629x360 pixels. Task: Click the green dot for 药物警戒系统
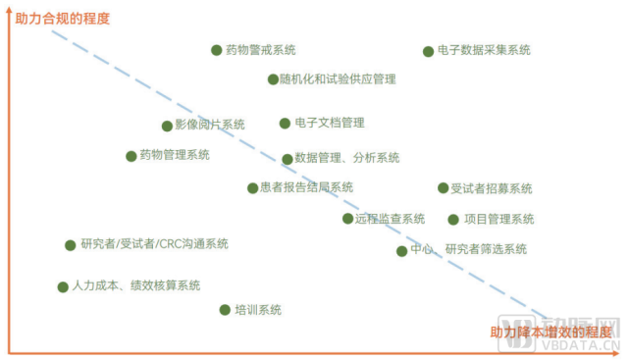tap(217, 50)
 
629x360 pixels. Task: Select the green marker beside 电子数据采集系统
tap(428, 51)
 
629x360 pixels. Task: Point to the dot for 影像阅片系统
tap(167, 126)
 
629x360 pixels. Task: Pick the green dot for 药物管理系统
tap(131, 156)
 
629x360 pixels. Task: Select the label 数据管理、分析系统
tap(346, 158)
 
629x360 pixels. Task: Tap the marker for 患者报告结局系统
tap(252, 188)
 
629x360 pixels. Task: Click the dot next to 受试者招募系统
tap(443, 188)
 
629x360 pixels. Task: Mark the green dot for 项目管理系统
tap(453, 220)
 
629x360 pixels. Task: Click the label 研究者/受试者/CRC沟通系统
tap(155, 244)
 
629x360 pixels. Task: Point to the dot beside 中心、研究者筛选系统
tap(401, 251)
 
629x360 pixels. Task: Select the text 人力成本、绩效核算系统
tap(136, 286)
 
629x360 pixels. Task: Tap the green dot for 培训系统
tap(225, 310)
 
